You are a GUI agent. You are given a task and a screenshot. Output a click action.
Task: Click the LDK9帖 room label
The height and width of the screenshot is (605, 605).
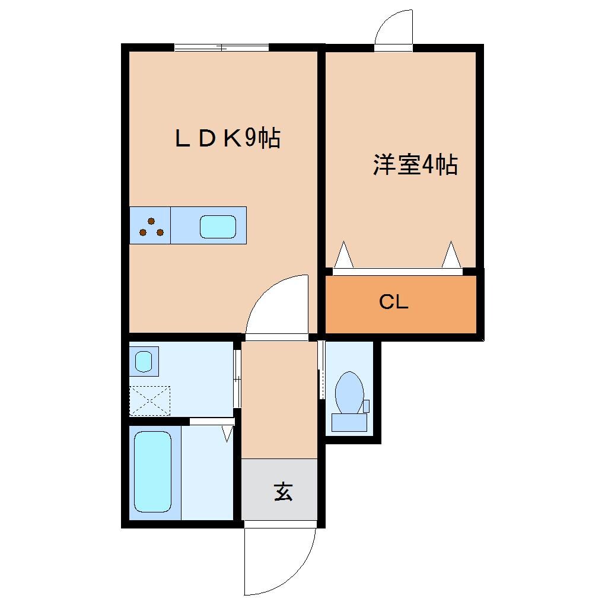click(x=227, y=139)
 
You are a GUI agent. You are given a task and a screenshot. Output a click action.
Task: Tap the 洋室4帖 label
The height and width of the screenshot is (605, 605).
click(x=415, y=165)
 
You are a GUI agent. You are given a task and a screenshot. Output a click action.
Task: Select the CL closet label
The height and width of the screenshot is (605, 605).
click(x=394, y=302)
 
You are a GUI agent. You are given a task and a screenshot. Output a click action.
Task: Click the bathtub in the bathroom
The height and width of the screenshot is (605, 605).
click(x=152, y=472)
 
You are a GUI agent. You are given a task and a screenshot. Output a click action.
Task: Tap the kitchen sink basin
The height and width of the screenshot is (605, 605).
click(x=218, y=226)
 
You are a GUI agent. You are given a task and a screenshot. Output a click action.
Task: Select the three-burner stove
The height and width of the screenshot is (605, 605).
click(x=151, y=226)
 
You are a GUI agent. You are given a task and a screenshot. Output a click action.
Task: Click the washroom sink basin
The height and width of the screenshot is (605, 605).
click(x=143, y=361)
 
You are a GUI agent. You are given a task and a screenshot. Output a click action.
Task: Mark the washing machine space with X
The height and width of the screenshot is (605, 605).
click(x=149, y=400)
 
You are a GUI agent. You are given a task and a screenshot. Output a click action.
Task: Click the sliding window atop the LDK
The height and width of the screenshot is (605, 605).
click(x=221, y=47)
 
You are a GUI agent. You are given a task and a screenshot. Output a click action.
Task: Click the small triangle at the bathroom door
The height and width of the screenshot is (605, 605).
click(x=228, y=434)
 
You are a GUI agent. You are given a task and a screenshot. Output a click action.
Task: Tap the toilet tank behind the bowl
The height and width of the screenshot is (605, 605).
click(x=349, y=422)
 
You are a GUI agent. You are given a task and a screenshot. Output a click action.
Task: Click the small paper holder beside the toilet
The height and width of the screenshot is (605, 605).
click(x=366, y=406)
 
